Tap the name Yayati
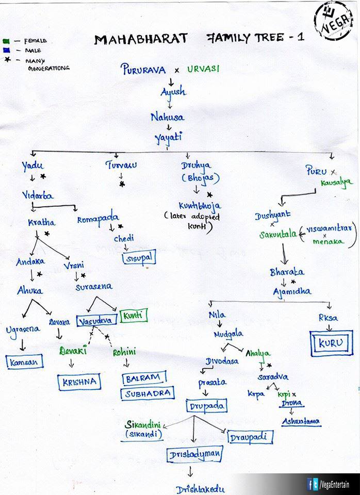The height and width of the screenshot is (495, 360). (168, 137)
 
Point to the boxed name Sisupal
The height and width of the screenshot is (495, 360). (139, 258)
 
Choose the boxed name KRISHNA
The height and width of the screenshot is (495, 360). (79, 382)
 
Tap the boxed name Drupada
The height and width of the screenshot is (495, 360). (206, 406)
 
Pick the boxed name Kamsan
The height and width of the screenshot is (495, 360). (25, 362)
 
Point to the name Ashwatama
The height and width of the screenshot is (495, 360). (301, 421)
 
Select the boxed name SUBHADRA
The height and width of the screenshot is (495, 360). (148, 394)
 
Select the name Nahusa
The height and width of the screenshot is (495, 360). (167, 117)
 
